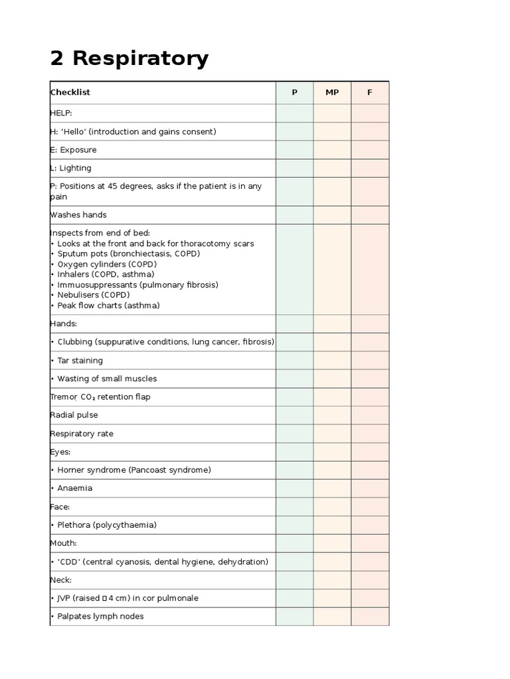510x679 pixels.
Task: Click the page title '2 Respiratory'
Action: coord(129,59)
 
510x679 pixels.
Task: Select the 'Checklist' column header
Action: coord(70,92)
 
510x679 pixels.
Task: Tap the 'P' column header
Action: coord(295,92)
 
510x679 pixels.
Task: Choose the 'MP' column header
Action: coord(332,92)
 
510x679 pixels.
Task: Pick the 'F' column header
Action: coord(370,92)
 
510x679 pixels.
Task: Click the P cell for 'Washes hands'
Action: coord(295,215)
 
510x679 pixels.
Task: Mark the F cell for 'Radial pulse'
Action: coord(370,415)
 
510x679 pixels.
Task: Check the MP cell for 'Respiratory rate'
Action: coord(332,434)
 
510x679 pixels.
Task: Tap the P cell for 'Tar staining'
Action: coord(295,361)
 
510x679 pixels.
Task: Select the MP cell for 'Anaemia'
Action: coord(332,488)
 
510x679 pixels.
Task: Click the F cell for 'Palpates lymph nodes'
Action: coord(370,616)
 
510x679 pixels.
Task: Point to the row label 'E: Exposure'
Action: coord(74,150)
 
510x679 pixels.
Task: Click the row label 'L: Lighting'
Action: coord(71,168)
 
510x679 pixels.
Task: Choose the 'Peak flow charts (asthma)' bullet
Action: coord(108,306)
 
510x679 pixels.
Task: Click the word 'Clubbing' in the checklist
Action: coord(75,342)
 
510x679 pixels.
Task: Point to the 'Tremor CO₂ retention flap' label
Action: coord(100,397)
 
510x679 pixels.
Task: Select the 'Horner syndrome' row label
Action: coord(133,470)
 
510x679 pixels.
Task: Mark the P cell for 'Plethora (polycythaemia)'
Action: coord(295,525)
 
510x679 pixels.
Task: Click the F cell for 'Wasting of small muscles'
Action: coord(370,379)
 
